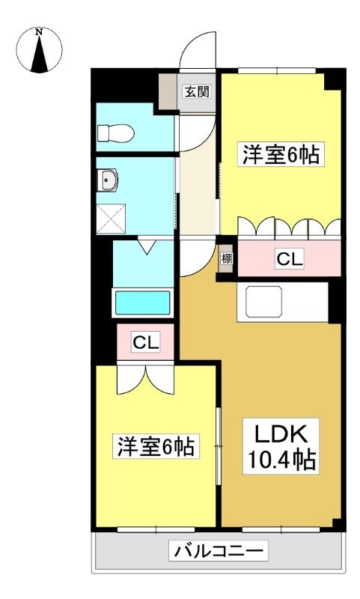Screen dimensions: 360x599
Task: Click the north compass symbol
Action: click(39, 50)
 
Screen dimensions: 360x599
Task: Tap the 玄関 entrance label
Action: click(197, 91)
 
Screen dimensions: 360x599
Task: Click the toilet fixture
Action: click(115, 133)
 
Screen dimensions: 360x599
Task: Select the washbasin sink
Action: click(107, 180)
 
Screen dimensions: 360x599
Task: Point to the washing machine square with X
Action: click(111, 218)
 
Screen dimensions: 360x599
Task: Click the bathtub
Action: click(142, 303)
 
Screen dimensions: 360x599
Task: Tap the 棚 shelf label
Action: click(226, 259)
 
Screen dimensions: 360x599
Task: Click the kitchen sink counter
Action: click(282, 302)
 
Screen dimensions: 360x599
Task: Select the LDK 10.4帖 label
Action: click(281, 446)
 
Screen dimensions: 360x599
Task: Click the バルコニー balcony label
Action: click(219, 550)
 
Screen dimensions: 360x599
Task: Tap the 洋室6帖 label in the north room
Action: click(281, 154)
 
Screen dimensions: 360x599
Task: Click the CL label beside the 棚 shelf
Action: click(290, 258)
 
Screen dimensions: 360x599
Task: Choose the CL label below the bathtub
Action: click(145, 342)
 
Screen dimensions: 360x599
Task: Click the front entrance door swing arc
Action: click(198, 50)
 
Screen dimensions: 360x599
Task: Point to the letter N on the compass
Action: click(39, 32)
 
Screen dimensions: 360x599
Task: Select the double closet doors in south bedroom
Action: click(145, 380)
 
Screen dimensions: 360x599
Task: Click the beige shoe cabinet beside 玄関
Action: click(168, 91)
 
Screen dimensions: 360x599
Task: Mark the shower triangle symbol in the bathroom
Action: click(147, 246)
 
